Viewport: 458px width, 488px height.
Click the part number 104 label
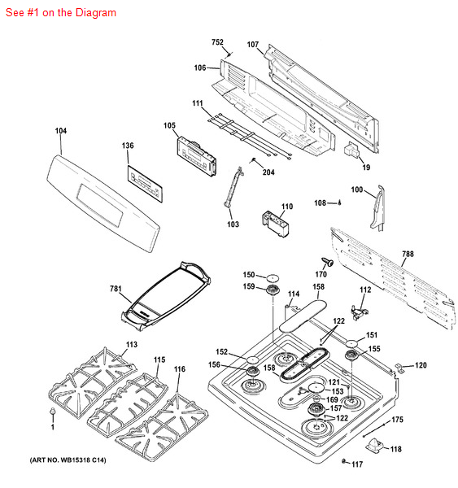[61, 130]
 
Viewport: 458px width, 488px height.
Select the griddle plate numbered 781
[167, 292]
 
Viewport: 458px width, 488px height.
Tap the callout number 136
[128, 146]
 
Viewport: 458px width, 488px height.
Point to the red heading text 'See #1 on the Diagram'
[61, 13]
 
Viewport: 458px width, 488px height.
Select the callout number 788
[407, 254]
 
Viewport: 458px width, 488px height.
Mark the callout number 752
[217, 42]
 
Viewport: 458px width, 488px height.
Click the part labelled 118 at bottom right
[376, 445]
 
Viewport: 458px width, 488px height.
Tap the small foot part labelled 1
[53, 414]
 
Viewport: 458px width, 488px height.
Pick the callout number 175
[397, 420]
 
